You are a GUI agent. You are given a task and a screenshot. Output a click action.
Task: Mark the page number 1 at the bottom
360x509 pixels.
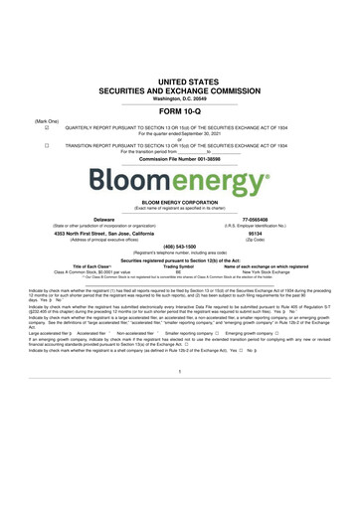pos(180,427)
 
